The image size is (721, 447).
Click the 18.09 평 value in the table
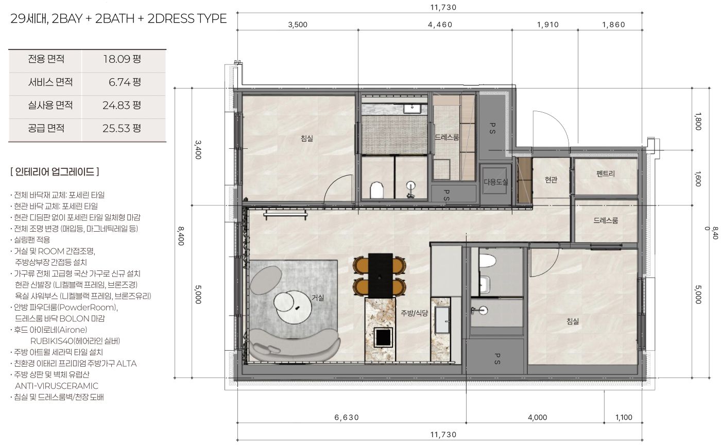(122, 59)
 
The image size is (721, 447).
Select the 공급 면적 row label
(46, 128)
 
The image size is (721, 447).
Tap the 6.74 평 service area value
(125, 82)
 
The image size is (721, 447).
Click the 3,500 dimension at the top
(298, 25)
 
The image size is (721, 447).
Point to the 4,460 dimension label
(440, 25)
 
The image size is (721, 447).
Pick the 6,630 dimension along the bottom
(347, 418)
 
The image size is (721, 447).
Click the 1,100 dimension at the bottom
(624, 418)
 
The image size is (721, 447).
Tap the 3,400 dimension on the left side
(198, 149)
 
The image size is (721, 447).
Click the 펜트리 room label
(606, 174)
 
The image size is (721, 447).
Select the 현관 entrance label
(551, 180)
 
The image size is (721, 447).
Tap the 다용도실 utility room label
(495, 182)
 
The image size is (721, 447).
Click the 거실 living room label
(318, 297)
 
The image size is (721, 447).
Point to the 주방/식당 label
(414, 313)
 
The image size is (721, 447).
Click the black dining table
(381, 276)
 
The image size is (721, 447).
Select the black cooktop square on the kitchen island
(383, 337)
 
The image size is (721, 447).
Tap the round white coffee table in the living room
(294, 307)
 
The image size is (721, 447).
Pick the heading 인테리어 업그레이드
(55, 172)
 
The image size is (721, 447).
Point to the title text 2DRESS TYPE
(187, 19)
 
